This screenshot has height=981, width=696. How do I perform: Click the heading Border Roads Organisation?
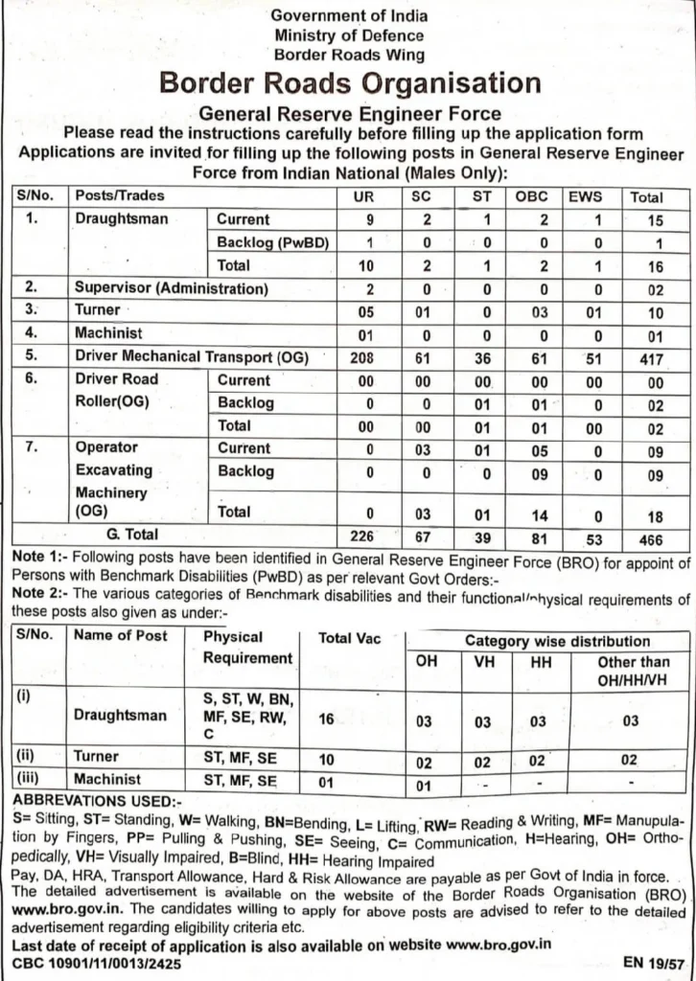point(350,83)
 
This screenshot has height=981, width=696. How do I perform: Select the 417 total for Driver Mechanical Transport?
point(646,356)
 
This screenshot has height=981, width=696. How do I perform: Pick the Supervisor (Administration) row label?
point(172,288)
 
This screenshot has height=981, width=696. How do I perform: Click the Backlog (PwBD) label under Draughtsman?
point(273,242)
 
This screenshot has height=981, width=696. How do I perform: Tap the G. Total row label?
point(132,535)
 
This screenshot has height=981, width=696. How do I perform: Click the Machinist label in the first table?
point(108,333)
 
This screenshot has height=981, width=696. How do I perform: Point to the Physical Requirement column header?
point(247,648)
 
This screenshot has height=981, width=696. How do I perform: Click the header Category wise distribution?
point(557,641)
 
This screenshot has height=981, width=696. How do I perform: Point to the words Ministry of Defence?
point(349,35)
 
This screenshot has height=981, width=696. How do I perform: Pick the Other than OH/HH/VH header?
point(634,671)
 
